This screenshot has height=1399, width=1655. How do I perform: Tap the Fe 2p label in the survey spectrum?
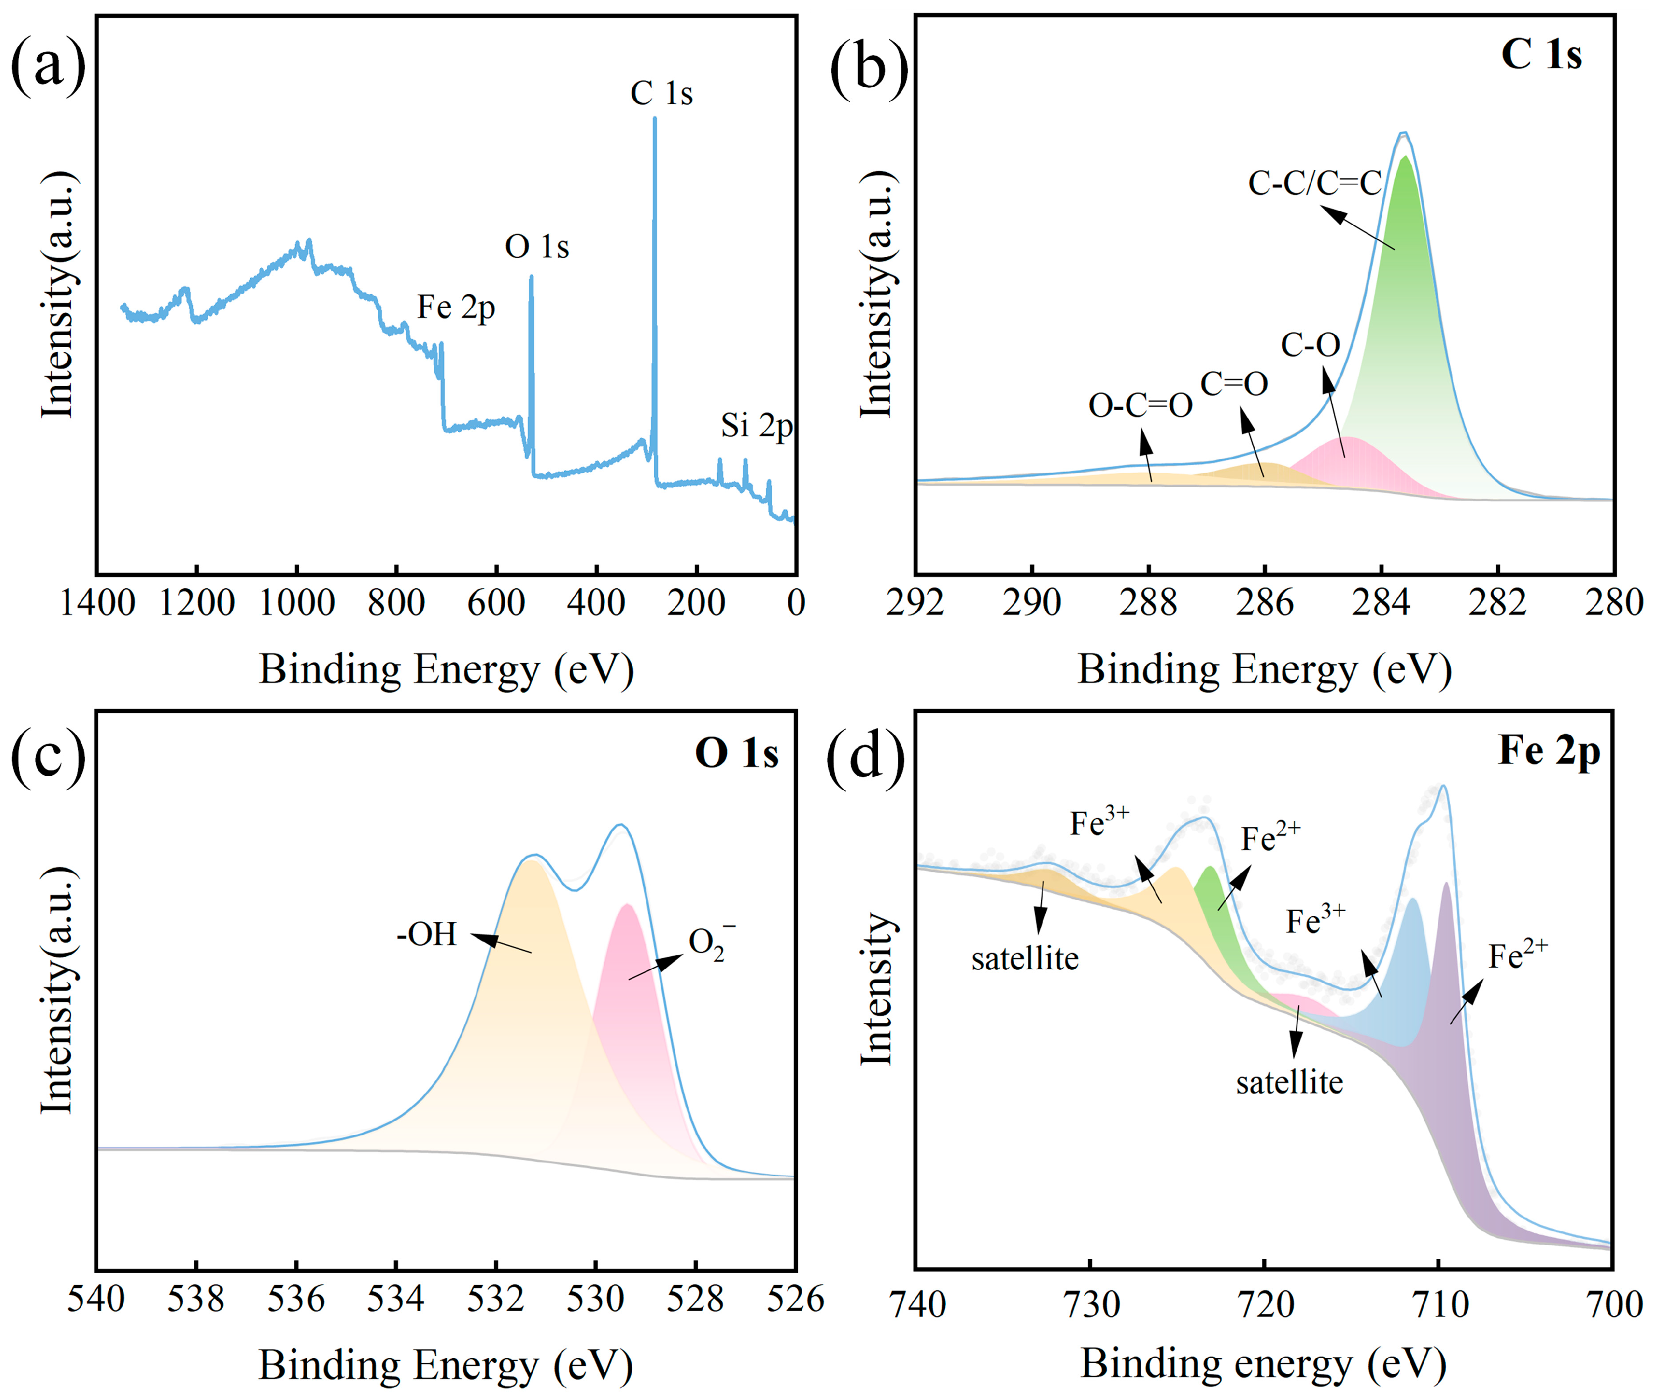point(456,308)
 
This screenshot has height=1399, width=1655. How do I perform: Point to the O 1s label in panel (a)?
point(537,247)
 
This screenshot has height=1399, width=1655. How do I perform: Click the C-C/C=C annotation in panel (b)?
point(1314,183)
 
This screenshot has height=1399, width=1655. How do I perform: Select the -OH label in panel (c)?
point(426,934)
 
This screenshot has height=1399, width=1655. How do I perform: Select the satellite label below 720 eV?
point(1289,1083)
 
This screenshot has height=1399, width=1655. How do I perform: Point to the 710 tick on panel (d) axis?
point(1440,1305)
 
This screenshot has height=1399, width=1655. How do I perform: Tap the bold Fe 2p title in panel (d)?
point(1548,750)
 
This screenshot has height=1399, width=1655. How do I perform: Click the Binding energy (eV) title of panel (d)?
point(1263,1364)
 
